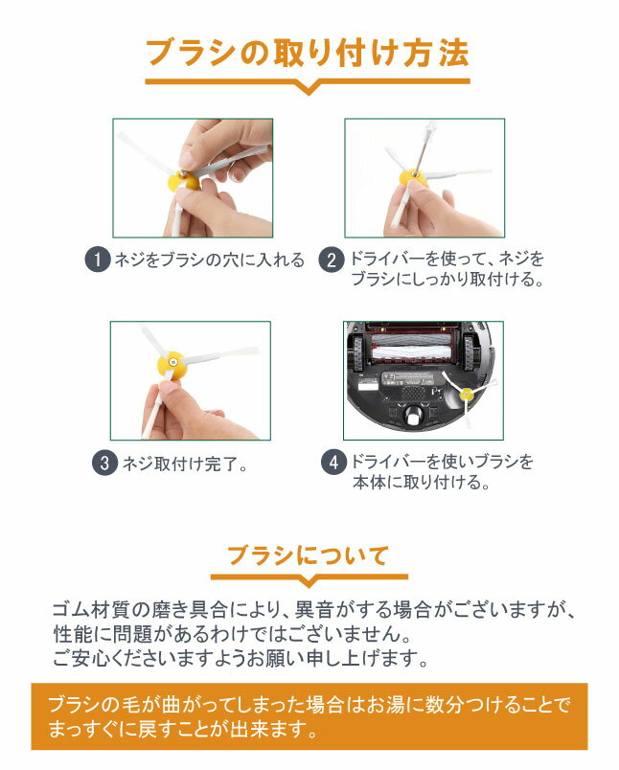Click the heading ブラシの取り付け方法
tap(308, 53)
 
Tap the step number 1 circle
tap(98, 260)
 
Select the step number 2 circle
tap(332, 260)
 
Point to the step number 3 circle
tap(104, 463)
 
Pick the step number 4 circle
tap(333, 463)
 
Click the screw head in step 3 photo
tap(172, 362)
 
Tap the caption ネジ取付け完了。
tap(185, 464)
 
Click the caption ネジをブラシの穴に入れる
tap(209, 260)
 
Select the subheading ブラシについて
tap(308, 555)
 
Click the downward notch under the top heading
tap(308, 88)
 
